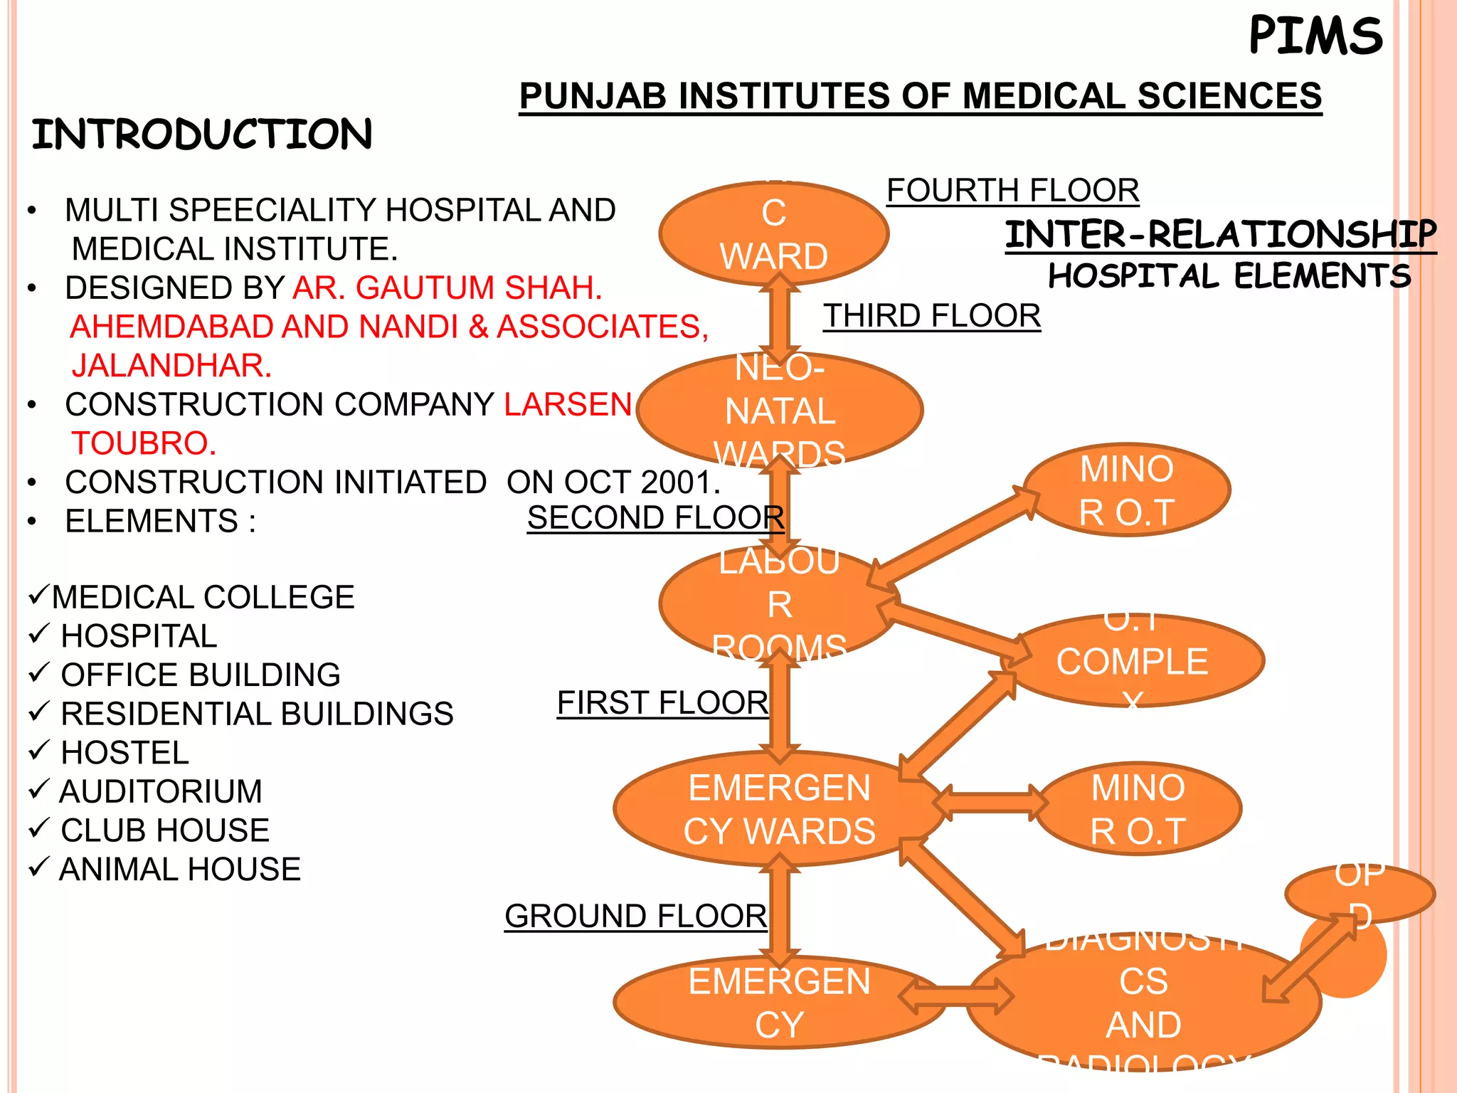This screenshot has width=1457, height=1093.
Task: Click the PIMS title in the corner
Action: click(1315, 36)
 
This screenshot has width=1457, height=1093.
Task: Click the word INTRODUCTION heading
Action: click(202, 134)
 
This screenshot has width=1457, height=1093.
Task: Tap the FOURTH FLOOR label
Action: click(1012, 191)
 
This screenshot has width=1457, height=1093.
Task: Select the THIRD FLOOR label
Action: click(932, 316)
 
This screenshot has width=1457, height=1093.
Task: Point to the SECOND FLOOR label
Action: click(655, 518)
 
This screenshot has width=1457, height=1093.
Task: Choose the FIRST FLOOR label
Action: click(662, 703)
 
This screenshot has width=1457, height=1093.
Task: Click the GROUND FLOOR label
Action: click(635, 917)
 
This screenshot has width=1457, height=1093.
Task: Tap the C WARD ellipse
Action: click(774, 234)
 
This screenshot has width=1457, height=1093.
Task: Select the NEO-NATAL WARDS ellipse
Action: click(780, 411)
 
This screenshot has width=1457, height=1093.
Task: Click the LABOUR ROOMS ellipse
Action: click(779, 604)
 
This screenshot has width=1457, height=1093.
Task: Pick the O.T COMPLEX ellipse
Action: click(1133, 661)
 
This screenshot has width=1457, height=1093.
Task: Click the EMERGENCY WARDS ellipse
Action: click(779, 809)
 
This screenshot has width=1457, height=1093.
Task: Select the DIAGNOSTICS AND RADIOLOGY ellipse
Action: click(1143, 1003)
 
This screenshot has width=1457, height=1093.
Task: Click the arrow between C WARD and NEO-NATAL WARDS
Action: click(780, 319)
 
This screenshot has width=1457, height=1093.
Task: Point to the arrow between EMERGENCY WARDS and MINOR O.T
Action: click(990, 803)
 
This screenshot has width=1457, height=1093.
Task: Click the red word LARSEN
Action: click(568, 404)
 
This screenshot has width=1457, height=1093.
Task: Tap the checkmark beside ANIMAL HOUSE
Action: click(38, 867)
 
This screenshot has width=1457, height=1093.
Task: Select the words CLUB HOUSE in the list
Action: click(165, 830)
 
